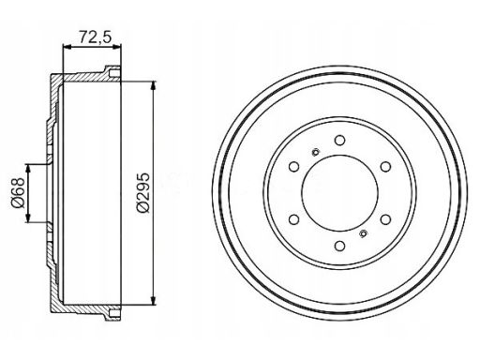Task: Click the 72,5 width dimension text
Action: [x=95, y=37]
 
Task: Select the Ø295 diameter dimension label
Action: [x=143, y=192]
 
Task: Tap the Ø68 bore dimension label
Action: [x=18, y=193]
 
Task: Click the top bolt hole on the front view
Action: [x=339, y=141]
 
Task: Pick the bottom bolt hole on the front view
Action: [x=339, y=246]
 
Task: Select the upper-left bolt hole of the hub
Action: [x=293, y=167]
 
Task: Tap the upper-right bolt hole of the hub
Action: [x=385, y=167]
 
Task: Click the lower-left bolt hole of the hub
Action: [x=293, y=219]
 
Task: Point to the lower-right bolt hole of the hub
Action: [x=385, y=219]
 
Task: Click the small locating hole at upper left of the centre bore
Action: [x=316, y=153]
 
